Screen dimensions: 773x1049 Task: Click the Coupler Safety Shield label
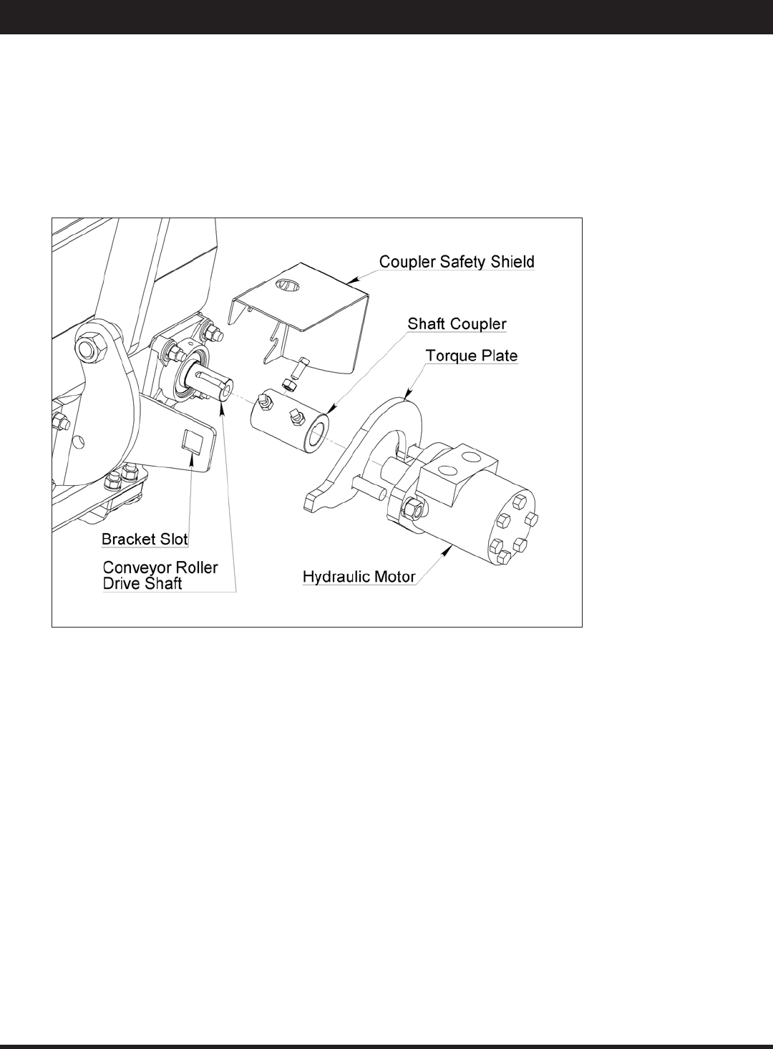pyautogui.click(x=456, y=262)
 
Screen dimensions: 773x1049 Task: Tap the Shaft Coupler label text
pyautogui.click(x=457, y=324)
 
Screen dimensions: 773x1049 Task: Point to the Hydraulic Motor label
pyautogui.click(x=359, y=577)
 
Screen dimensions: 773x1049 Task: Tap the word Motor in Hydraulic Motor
pyautogui.click(x=396, y=577)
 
